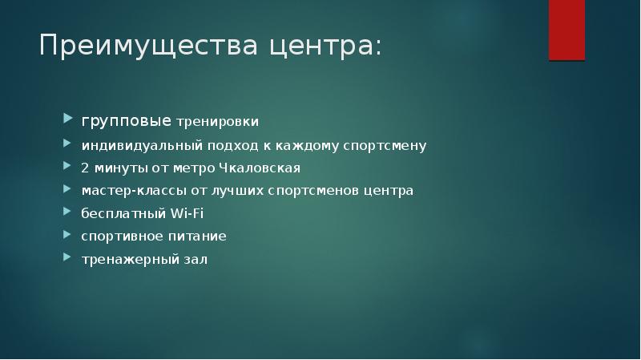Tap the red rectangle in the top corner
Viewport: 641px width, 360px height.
(566, 30)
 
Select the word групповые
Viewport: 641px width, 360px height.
(126, 121)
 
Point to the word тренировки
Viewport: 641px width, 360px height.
(217, 122)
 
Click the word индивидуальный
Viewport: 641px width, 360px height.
(131, 146)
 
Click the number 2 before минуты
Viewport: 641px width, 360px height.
(84, 168)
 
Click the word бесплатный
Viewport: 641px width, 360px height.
(123, 213)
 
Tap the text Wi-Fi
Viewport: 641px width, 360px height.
(187, 213)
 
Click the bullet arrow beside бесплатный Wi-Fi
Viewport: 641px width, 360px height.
(67, 213)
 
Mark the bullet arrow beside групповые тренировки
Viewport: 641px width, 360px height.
(67, 121)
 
